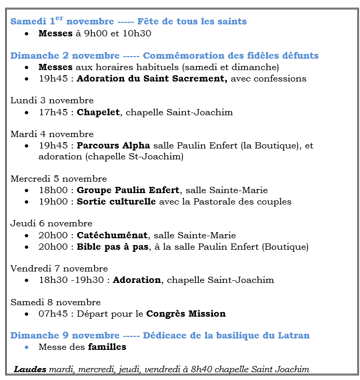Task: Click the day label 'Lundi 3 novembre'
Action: pos(52,101)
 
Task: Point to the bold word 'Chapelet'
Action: pos(98,112)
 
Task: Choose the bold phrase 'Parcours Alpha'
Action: pos(113,146)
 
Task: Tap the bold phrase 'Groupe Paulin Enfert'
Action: pos(128,191)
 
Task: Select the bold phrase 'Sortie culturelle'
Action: pos(116,202)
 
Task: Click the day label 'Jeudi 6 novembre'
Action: pos(51,224)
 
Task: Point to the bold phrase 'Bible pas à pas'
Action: pos(113,247)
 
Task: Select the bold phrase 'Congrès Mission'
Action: pos(185,314)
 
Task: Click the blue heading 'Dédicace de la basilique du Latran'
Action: pos(226,336)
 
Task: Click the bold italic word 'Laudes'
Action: pos(30,370)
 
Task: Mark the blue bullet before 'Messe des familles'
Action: pos(27,347)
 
